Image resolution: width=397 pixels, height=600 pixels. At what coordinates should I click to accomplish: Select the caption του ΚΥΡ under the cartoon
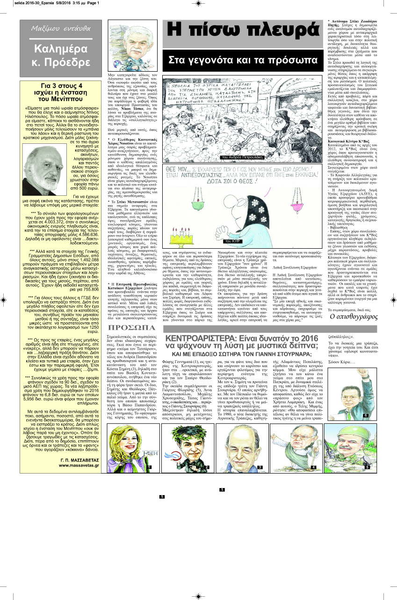click(x=232, y=241)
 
